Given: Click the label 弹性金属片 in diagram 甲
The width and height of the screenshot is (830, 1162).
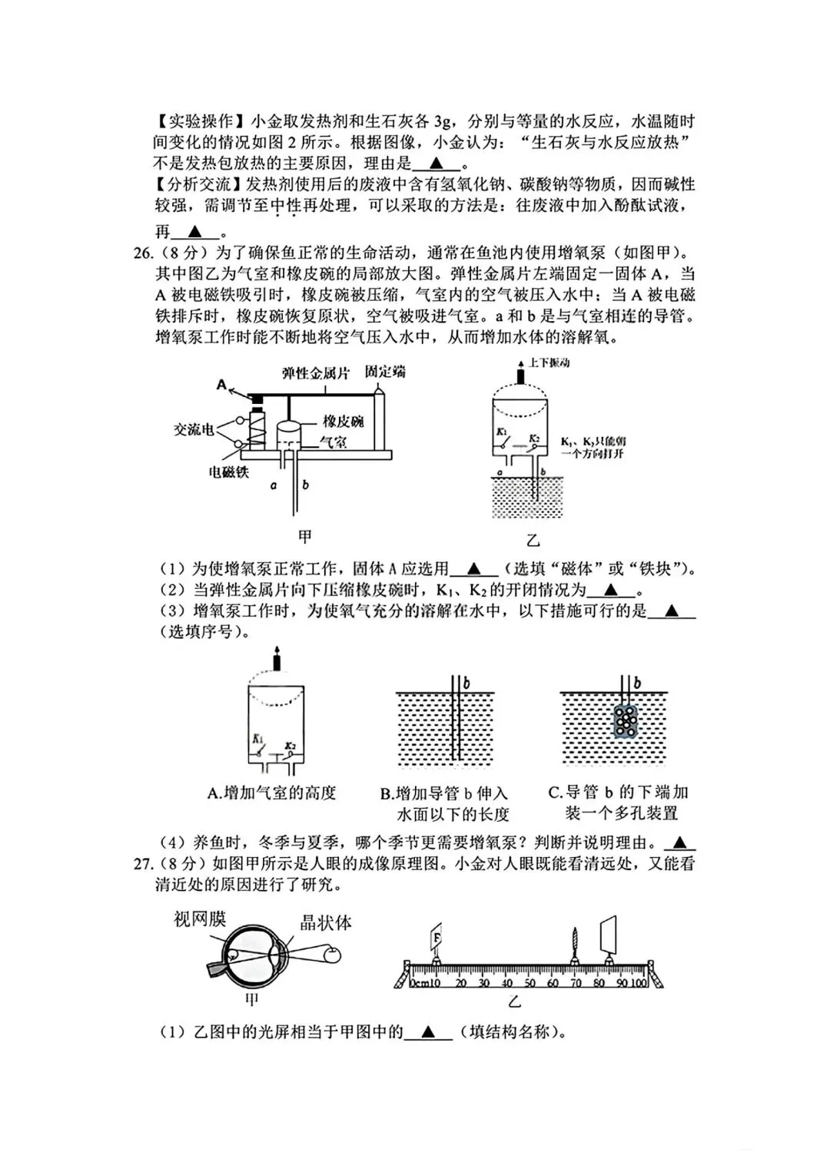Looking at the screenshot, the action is (x=316, y=373).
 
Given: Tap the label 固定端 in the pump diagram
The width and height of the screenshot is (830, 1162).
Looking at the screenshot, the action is (x=385, y=372).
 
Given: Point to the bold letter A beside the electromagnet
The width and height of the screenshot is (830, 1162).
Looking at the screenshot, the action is (x=222, y=385).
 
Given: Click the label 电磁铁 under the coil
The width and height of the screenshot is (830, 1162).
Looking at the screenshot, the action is (x=229, y=472).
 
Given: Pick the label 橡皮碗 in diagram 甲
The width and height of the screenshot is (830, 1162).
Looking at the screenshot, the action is (x=343, y=421).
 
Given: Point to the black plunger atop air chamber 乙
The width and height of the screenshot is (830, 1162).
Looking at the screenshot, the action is (x=520, y=376).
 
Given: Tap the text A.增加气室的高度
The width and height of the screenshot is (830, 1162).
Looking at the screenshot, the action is (x=272, y=793).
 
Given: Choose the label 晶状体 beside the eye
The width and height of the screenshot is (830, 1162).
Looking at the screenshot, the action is (x=325, y=922).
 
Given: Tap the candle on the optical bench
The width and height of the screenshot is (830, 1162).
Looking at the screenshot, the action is (x=574, y=942).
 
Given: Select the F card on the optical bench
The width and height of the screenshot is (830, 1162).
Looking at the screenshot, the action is (x=436, y=938).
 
